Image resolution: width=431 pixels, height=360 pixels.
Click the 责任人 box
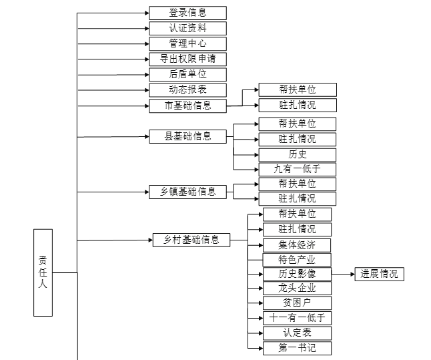click(43, 272)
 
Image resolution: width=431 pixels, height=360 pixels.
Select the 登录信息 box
click(187, 13)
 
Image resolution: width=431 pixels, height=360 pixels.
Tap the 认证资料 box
click(187, 28)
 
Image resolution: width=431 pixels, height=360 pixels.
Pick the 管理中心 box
click(187, 43)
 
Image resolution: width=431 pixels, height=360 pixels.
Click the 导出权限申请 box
click(187, 59)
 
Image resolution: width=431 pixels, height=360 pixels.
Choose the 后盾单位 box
click(187, 74)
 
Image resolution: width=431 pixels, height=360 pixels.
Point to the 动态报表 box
click(187, 89)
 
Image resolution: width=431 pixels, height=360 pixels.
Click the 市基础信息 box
click(187, 105)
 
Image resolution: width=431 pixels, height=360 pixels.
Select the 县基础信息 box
click(187, 136)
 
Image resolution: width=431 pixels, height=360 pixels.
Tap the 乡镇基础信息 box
click(187, 192)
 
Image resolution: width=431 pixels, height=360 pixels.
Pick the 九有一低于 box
click(297, 169)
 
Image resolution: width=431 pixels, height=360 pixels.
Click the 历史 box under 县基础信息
click(297, 154)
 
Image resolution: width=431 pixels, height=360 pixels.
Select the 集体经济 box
click(297, 244)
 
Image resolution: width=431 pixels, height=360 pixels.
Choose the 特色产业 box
click(297, 259)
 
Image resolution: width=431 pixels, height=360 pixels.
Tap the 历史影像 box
click(297, 274)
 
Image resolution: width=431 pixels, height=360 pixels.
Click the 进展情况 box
click(378, 274)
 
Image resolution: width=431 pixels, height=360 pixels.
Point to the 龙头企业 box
click(297, 289)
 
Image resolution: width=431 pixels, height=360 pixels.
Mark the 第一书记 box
click(297, 348)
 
